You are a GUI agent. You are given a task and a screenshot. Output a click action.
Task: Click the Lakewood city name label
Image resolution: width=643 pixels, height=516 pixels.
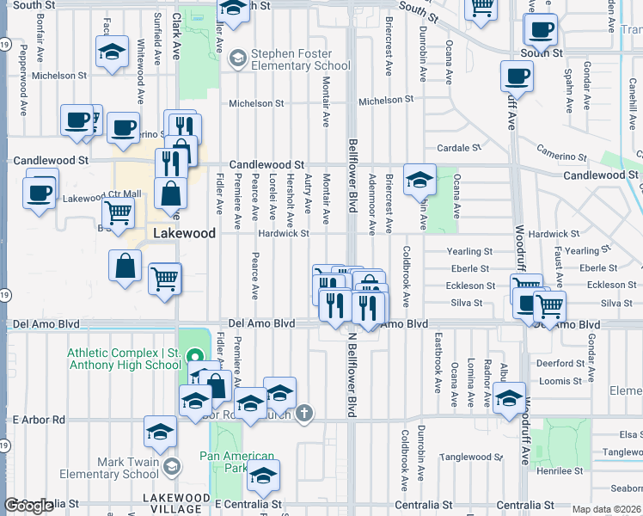coord(184,233)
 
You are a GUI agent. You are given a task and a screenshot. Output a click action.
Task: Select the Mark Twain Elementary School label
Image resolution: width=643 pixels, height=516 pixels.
coord(115,468)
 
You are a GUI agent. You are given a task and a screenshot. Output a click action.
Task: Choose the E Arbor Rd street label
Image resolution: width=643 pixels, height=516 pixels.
coord(39,420)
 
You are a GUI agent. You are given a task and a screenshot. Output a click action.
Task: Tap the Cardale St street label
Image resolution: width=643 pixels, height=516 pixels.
coord(458,148)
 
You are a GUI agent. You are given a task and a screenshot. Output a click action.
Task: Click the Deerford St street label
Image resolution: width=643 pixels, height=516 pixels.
coord(560,363)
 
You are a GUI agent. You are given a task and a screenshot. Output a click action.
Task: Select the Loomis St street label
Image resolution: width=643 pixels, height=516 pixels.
coord(563,380)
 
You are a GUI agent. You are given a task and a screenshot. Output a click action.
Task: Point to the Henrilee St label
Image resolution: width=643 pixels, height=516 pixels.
coord(560,471)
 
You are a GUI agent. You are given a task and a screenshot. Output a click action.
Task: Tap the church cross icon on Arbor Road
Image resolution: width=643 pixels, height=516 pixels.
coord(303,415)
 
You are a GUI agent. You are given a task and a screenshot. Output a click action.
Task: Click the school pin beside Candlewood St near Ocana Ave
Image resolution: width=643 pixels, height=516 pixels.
coord(419,179)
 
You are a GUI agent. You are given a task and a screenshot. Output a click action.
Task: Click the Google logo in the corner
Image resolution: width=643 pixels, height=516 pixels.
coord(28,507)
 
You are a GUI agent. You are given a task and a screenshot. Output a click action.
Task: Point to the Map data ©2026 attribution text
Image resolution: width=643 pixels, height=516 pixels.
coord(607,509)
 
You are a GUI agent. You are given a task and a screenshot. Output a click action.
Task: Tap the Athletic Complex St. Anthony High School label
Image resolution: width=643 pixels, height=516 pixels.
coord(125,359)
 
